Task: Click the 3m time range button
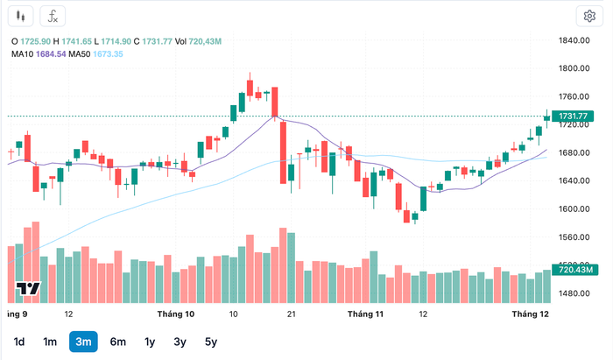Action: (x=83, y=342)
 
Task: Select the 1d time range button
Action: (x=19, y=342)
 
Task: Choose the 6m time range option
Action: (x=117, y=342)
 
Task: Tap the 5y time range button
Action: (x=210, y=342)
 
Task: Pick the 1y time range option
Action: (x=150, y=342)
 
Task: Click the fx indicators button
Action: (x=53, y=16)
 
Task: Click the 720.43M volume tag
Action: (x=574, y=270)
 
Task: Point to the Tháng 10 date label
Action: (x=176, y=314)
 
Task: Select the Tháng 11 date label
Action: (x=365, y=314)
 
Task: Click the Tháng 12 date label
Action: (x=531, y=314)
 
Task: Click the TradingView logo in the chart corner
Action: (x=28, y=290)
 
